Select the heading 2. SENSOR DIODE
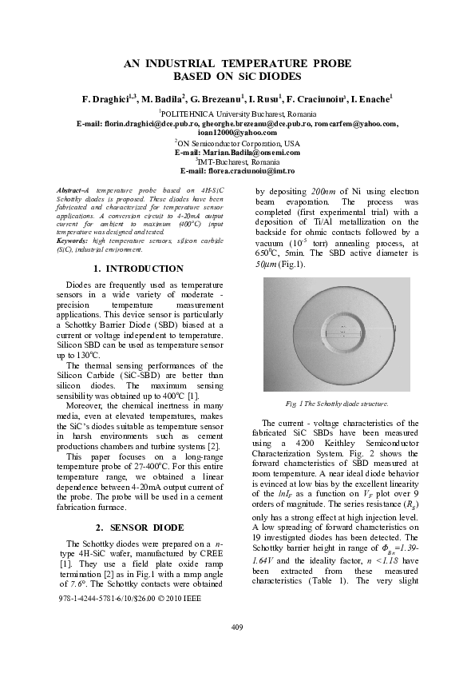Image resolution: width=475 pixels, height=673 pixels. point(138,528)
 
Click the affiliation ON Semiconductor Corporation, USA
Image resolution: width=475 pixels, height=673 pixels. point(237,143)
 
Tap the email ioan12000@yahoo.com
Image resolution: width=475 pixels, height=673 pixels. point(237,133)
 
